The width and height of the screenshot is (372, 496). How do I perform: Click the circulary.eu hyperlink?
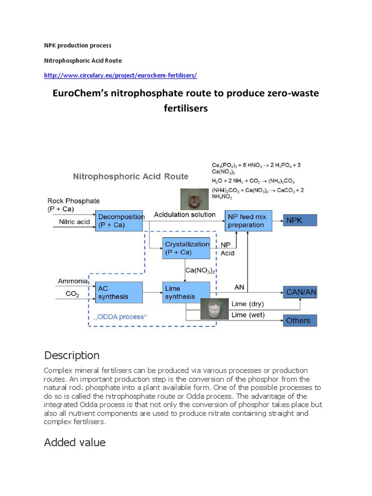(120, 76)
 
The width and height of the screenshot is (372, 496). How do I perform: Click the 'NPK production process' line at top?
(77, 46)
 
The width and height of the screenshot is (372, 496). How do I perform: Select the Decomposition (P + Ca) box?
(120, 221)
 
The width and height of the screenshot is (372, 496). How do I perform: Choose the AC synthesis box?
(119, 292)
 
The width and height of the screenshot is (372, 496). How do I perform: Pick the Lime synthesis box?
(186, 292)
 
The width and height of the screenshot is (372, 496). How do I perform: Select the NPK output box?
(300, 220)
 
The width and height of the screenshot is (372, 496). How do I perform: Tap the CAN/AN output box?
(300, 292)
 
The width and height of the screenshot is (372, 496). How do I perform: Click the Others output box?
(300, 320)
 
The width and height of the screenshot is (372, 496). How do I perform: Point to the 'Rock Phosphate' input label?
(73, 201)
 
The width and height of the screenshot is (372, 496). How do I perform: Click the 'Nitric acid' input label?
(74, 222)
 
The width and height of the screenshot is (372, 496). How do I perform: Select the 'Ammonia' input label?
(73, 281)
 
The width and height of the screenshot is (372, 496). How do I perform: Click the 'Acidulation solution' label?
(185, 215)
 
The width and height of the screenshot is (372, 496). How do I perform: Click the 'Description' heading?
(72, 355)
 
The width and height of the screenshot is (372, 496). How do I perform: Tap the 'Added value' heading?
(75, 442)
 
